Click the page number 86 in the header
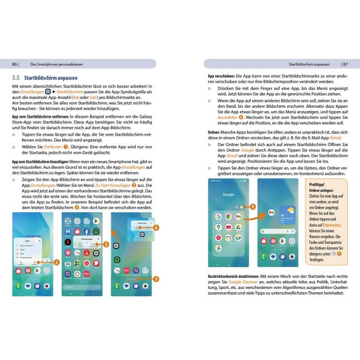[14, 64]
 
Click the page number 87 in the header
[346, 64]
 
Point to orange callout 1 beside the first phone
[57, 262]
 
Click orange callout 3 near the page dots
[157, 278]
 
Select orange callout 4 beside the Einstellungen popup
[156, 227]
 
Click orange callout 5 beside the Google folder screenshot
[253, 207]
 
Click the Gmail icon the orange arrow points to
[271, 213]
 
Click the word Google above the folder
[228, 195]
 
